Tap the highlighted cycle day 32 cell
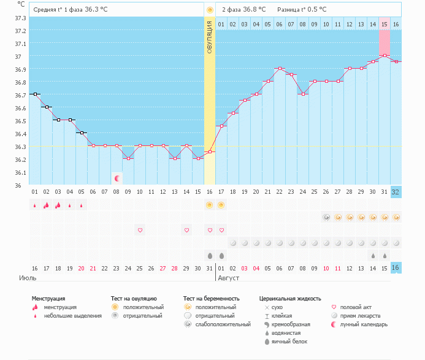[396, 191]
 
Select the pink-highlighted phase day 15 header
[385, 24]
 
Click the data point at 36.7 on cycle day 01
[35, 94]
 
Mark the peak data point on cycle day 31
[385, 55]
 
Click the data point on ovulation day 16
[210, 152]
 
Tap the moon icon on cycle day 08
[117, 178]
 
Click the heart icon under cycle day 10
[140, 230]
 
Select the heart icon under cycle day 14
[186, 230]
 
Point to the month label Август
[228, 278]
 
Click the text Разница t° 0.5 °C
[302, 10]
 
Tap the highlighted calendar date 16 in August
[396, 268]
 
